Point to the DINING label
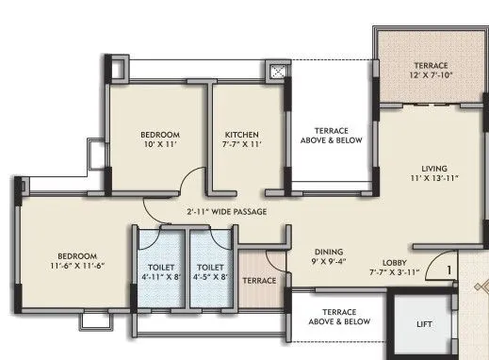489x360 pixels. click(328, 253)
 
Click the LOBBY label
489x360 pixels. click(395, 263)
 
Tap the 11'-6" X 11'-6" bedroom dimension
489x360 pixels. click(73, 267)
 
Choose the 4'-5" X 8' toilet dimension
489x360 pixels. click(211, 277)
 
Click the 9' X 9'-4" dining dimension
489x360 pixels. click(328, 263)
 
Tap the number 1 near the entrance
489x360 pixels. click(449, 270)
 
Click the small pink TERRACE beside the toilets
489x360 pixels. click(259, 281)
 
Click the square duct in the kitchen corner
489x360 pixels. click(279, 72)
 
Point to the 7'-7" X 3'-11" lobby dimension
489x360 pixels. click(395, 273)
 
